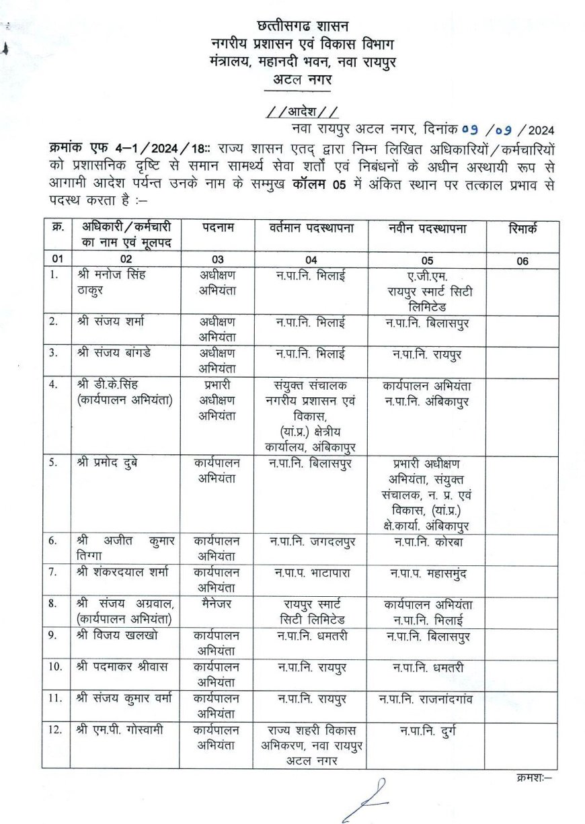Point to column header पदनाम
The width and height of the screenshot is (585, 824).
(x=218, y=228)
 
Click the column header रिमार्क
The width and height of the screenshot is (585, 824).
(x=523, y=229)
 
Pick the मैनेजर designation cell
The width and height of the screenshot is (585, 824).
(x=217, y=604)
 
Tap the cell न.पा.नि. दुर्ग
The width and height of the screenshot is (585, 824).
(x=428, y=731)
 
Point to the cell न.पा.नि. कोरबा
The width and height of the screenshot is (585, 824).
(x=428, y=542)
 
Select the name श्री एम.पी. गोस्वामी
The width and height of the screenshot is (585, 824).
(x=120, y=731)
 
